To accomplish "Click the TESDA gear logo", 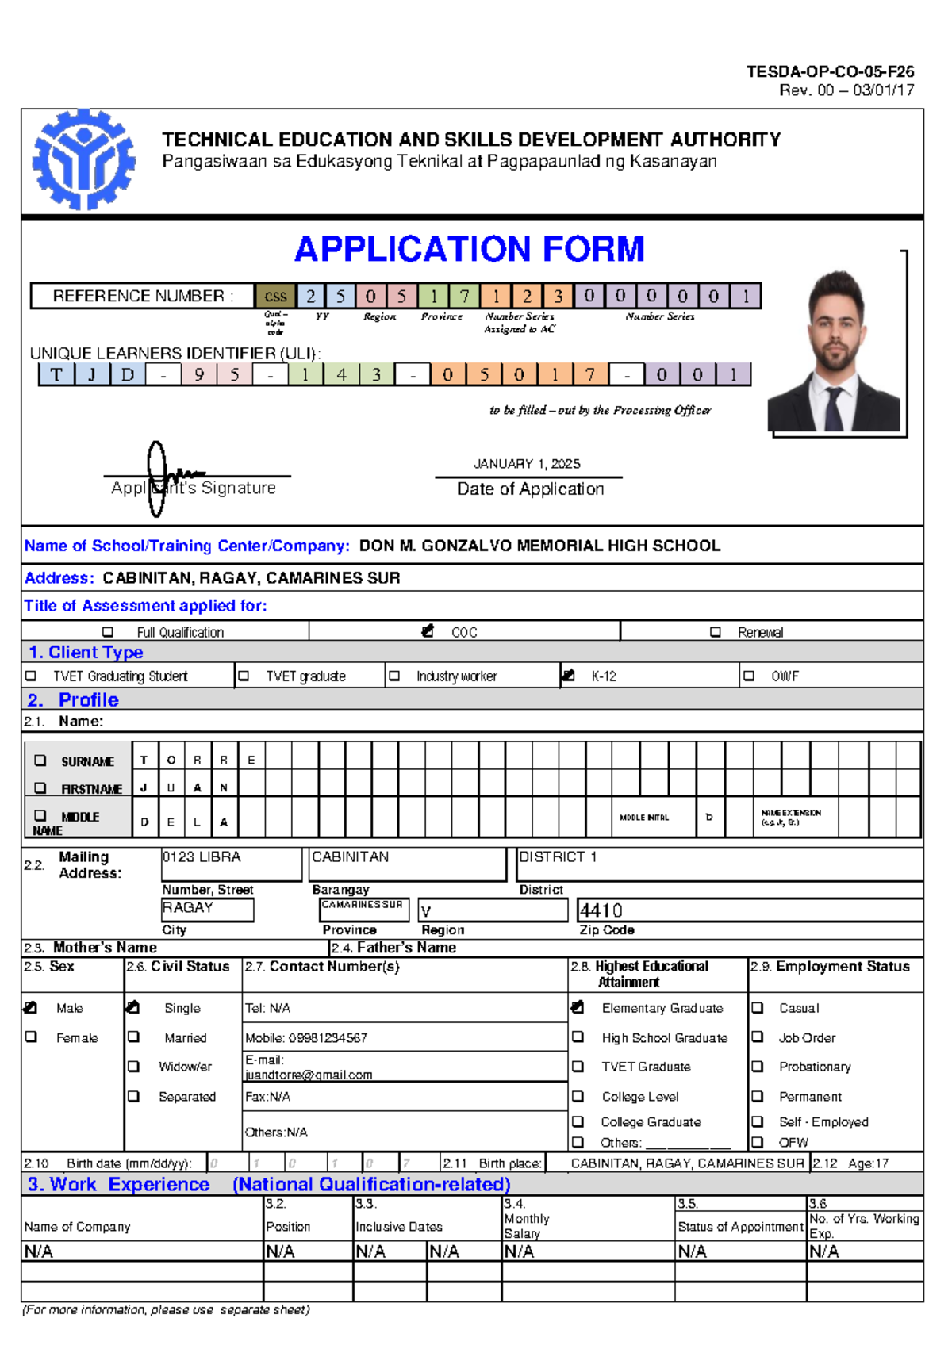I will (83, 160).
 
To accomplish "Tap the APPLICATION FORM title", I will (469, 249).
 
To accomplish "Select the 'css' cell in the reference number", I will (275, 297).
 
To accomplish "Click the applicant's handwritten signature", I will (167, 477).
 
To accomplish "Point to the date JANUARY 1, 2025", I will (527, 464).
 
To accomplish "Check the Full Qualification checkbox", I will (108, 632).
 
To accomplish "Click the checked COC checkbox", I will (428, 631).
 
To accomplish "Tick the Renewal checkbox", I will (716, 632).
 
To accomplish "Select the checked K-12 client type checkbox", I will (567, 676).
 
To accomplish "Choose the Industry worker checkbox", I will (394, 676).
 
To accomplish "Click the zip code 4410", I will (601, 910).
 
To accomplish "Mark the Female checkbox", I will (32, 1037).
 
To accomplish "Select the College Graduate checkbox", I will (578, 1122).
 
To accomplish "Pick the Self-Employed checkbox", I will (758, 1122).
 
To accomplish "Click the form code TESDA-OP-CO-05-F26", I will (830, 71).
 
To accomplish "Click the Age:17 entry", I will (868, 1163).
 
